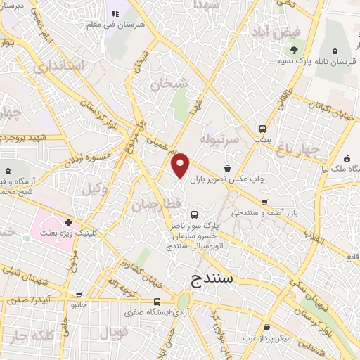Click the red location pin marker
181,166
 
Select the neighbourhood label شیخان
169,84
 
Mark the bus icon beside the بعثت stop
262,129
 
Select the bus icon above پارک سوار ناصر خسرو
195,214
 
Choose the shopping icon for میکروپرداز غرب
266,327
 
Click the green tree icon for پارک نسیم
294,49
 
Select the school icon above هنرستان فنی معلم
115,13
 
